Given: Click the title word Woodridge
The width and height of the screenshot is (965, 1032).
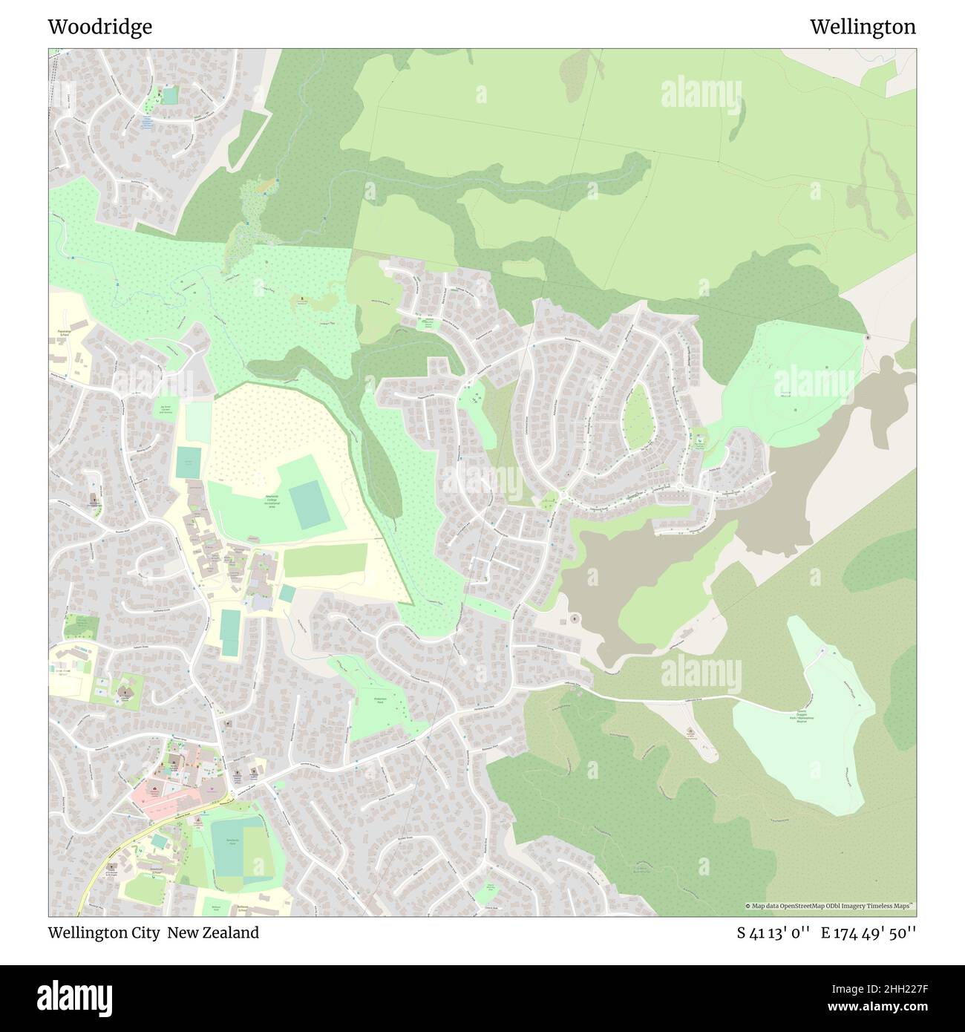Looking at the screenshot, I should (99, 27).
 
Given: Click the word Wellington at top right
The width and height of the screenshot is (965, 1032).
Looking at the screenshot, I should (863, 27).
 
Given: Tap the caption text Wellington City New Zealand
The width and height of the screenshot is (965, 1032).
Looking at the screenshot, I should (154, 933).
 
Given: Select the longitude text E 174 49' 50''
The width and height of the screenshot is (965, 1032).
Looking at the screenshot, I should (868, 933).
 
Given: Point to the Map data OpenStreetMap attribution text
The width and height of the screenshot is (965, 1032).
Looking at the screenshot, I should (830, 906).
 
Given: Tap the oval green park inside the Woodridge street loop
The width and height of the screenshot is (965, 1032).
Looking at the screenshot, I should (636, 419).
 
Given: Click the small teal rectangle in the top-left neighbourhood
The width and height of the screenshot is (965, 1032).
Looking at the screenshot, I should (170, 96).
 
